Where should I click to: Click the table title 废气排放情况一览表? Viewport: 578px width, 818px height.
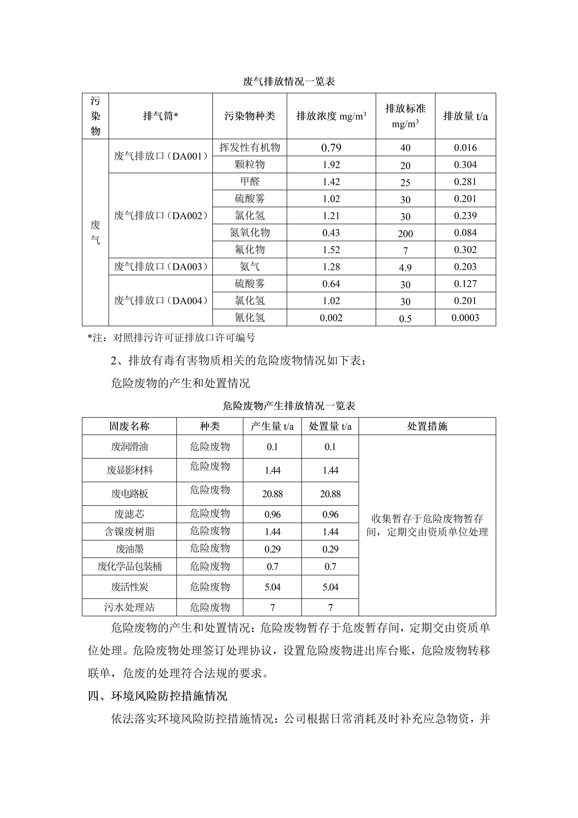tap(289, 82)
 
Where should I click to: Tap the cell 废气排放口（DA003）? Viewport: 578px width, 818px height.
tap(161, 266)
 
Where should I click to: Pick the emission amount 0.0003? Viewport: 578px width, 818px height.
tap(465, 317)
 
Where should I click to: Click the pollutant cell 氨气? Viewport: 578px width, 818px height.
tap(250, 266)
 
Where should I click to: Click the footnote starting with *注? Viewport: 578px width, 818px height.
tap(172, 337)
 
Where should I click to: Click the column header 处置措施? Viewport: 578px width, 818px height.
tap(427, 426)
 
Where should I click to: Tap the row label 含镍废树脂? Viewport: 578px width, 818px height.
tap(129, 532)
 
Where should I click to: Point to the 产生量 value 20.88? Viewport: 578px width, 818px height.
tap(272, 494)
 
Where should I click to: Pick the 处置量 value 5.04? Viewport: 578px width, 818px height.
tap(330, 587)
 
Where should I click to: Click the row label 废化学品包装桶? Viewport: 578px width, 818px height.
tap(129, 566)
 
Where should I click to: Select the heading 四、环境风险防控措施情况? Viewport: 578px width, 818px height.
tap(157, 696)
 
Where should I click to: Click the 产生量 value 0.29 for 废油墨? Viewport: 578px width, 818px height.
tap(272, 549)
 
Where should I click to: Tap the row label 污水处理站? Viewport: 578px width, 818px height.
tap(129, 607)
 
